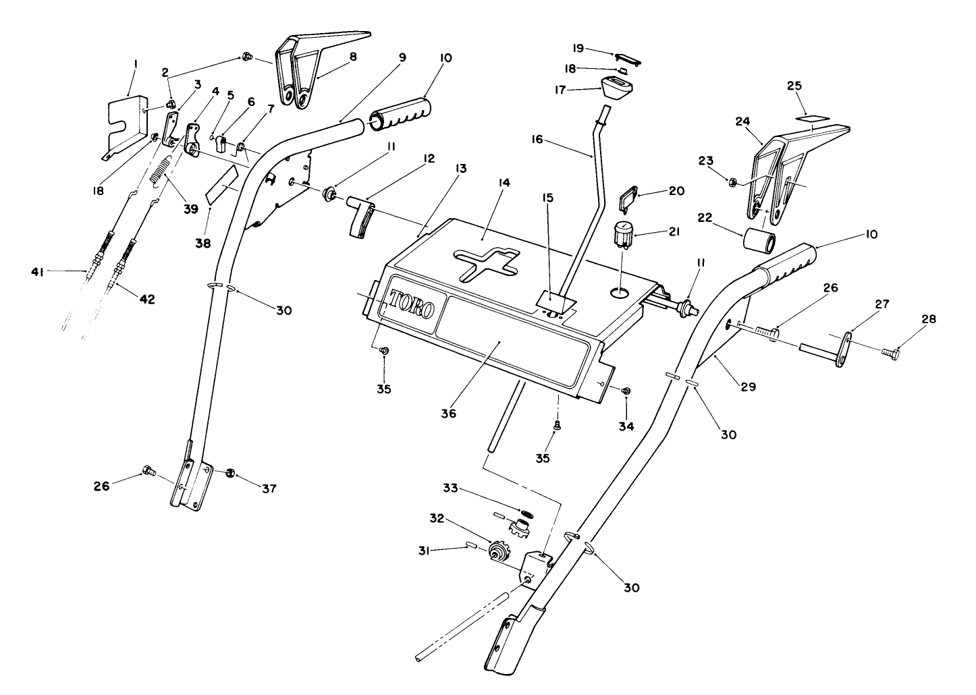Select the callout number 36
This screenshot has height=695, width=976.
(x=449, y=413)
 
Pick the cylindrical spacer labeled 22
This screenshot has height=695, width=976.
(x=758, y=240)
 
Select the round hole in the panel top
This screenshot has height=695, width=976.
(x=620, y=292)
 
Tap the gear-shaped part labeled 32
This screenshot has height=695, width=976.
(x=498, y=553)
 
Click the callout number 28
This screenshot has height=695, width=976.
(x=929, y=320)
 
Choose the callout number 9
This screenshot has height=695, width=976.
(x=402, y=57)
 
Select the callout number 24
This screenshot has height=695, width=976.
(x=742, y=122)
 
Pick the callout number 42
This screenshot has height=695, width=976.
(x=146, y=299)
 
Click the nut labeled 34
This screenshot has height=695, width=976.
(x=625, y=391)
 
